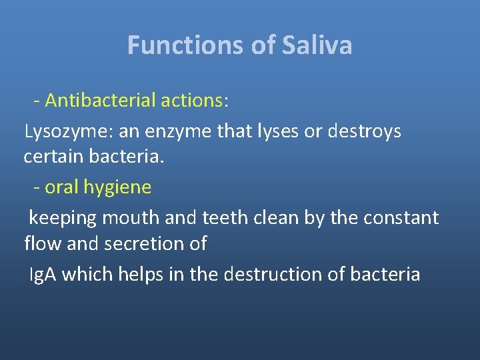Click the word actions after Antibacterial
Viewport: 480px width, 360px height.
coord(193,101)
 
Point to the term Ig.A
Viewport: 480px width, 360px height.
coord(42,275)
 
